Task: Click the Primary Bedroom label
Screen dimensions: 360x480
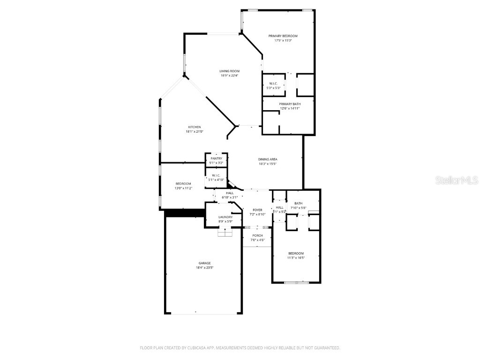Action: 283,36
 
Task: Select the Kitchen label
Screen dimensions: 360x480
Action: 195,127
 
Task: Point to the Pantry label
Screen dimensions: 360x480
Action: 216,158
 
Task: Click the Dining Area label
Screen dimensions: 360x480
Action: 268,159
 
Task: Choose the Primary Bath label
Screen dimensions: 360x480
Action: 290,104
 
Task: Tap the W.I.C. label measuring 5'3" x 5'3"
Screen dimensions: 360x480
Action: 273,83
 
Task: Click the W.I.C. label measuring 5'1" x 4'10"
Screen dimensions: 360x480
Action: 216,175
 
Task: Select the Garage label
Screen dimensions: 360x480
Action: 204,263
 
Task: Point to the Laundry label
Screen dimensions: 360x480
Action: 225,217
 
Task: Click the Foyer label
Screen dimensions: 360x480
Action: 258,210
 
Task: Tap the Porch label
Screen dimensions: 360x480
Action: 258,235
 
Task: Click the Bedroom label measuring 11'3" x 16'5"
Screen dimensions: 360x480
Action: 296,254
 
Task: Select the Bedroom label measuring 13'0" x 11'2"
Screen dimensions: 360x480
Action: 183,183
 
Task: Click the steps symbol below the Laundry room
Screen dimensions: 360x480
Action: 225,232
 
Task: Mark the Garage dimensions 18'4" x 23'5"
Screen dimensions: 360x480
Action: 204,268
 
